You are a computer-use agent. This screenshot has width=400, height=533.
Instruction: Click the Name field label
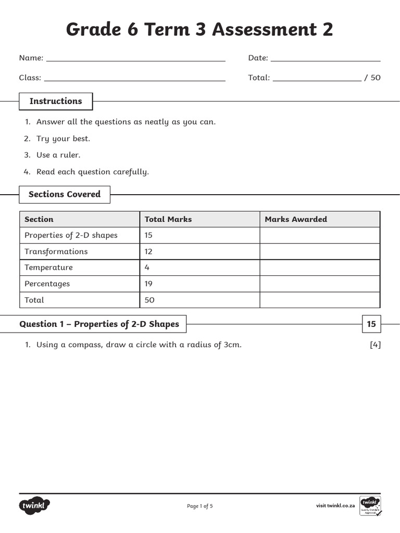pos(31,58)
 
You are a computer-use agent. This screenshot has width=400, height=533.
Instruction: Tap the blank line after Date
pos(326,60)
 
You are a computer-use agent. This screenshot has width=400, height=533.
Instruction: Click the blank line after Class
pos(135,80)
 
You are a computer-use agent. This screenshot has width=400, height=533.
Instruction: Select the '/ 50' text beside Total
pos(372,78)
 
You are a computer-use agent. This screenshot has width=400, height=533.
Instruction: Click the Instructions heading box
pos(56,101)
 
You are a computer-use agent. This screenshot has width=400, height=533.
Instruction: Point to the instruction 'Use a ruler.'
pos(58,155)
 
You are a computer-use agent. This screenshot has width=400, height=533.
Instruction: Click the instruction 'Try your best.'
pos(63,138)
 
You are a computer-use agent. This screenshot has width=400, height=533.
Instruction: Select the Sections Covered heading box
pos(65,194)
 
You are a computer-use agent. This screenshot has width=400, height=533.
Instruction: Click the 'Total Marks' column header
pos(168,219)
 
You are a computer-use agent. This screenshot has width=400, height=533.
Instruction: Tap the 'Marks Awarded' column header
pos(296,219)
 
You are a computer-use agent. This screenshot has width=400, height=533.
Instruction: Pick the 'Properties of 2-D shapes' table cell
pos(71,235)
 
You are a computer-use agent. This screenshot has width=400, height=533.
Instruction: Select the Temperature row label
pos(48,268)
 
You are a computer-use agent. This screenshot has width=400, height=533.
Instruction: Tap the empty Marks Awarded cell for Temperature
pos(319,268)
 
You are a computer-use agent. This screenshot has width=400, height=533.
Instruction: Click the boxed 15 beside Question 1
pos(371,324)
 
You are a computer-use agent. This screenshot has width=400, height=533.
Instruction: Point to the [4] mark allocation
pos(375,345)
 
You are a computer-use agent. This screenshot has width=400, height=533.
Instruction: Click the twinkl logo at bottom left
pos(35,505)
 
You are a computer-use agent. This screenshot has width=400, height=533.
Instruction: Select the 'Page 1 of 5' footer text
pos(200,506)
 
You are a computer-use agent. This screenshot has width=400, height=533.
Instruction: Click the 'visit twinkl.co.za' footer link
pos(335,506)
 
